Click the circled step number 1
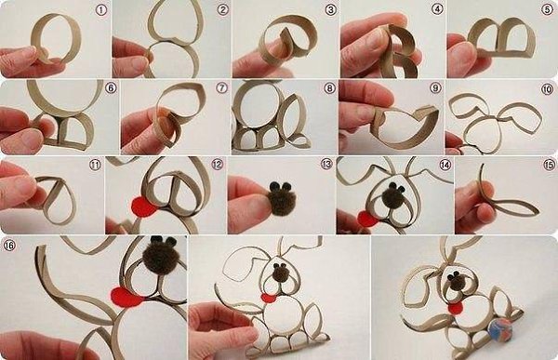101,10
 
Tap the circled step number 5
548,9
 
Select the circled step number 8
329,88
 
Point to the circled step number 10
548,89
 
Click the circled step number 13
326,164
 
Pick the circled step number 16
9,245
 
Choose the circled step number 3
330,9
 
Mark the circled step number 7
221,87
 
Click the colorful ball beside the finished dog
499,330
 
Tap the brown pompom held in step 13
281,201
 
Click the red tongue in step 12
143,207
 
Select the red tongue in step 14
367,219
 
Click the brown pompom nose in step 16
161,256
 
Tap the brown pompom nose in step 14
392,196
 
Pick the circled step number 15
550,165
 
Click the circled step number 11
95,165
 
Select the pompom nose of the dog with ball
456,281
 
